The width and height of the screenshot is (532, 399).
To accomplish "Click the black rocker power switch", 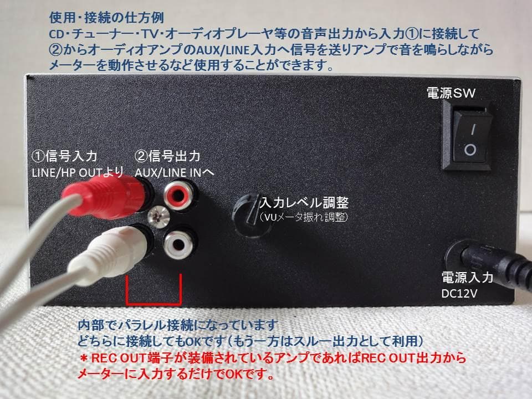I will [469, 139].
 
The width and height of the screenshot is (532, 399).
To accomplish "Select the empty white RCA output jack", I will [178, 241].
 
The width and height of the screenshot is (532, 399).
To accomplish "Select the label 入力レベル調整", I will [304, 202].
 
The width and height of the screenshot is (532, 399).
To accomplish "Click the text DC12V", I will [459, 291].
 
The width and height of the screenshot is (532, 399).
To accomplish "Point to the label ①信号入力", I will [66, 156].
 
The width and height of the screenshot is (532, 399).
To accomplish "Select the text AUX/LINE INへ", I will [175, 171].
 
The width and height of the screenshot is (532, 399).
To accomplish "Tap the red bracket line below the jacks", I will [154, 303].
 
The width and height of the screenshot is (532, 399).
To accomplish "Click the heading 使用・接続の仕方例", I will [94, 16].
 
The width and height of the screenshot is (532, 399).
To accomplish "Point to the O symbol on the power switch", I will [469, 150].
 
